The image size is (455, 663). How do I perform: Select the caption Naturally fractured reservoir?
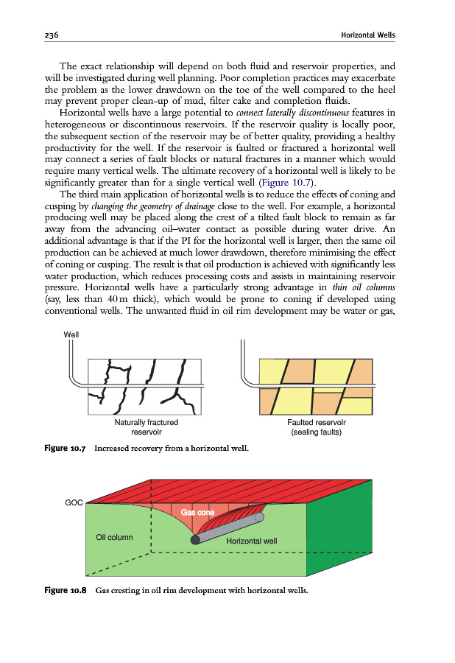146,427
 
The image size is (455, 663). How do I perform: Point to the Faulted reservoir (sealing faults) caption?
317,427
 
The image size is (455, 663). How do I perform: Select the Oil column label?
115,536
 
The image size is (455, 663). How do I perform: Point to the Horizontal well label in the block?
251,541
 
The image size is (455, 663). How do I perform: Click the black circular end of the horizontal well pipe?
195,539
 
